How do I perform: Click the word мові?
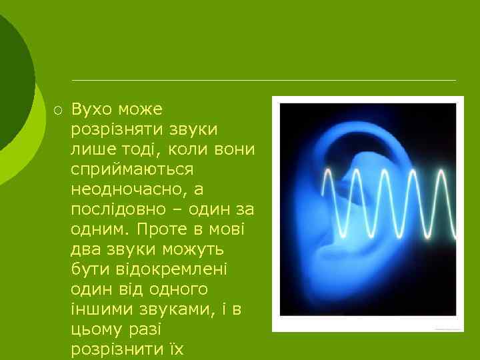click(227, 230)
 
